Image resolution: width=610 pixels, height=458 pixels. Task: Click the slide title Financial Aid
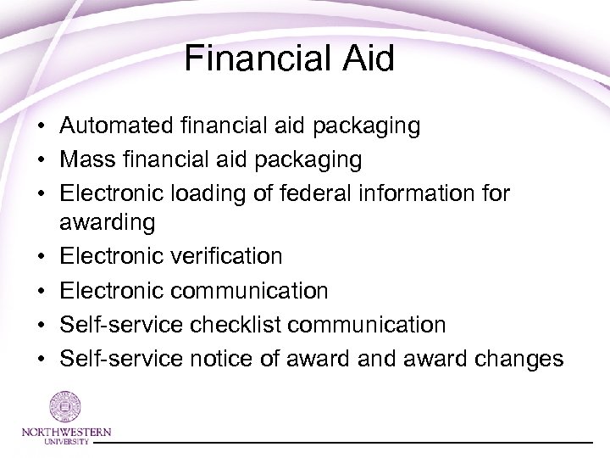pos(290,59)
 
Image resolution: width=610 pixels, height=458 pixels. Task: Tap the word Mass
pos(86,159)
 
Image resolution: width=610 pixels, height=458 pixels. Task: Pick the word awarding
pos(108,223)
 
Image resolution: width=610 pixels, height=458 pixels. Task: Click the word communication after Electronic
pos(250,291)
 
